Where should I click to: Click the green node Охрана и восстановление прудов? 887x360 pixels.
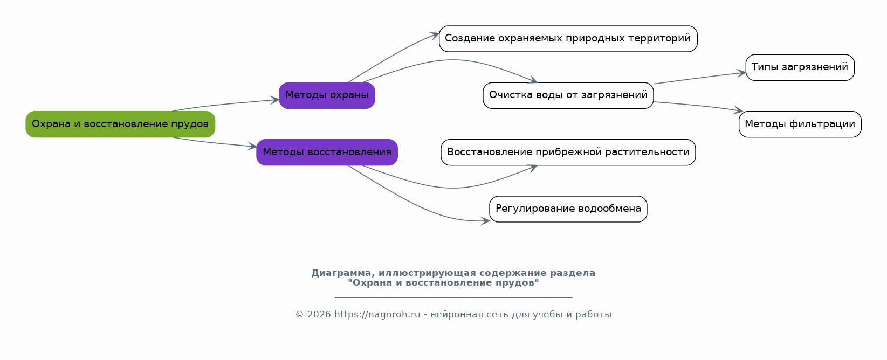click(x=120, y=124)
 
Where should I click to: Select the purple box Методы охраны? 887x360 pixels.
click(x=327, y=95)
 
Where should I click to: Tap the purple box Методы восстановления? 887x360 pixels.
click(x=327, y=153)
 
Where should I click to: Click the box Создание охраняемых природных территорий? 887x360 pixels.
click(x=568, y=39)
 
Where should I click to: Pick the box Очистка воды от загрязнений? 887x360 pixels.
click(x=568, y=95)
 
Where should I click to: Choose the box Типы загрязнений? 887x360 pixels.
click(x=800, y=67)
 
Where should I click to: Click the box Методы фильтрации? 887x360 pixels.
click(x=800, y=124)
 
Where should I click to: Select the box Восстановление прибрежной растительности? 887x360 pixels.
click(x=568, y=153)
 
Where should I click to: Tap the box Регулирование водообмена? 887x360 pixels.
click(x=568, y=209)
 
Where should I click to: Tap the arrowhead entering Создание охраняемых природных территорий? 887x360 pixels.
click(x=435, y=36)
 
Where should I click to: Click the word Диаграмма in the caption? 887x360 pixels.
click(x=343, y=273)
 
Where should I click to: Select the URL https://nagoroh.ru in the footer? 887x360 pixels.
click(x=377, y=315)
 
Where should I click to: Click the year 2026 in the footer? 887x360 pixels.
click(x=319, y=315)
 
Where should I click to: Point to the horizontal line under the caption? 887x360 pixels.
click(x=453, y=297)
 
